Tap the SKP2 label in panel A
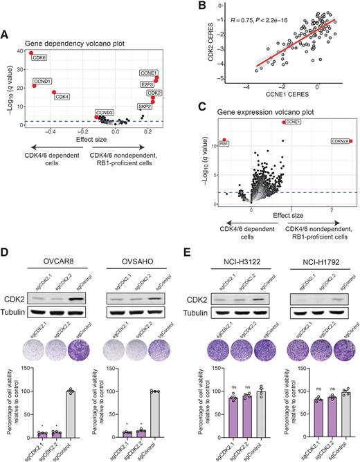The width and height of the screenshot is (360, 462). tap(143, 108)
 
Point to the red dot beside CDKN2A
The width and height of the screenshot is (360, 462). tap(351, 142)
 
